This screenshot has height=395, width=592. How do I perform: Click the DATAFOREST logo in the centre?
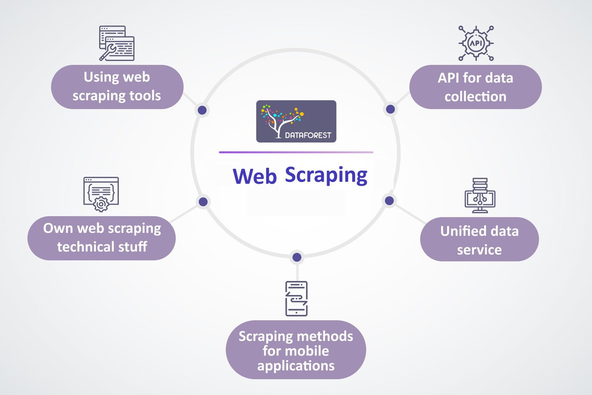(296, 121)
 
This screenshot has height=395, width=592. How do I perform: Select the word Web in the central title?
(255, 176)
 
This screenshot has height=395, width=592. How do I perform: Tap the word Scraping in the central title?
(326, 175)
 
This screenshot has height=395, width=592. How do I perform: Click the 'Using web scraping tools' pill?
(117, 87)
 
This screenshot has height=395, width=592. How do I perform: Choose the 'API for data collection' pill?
(475, 87)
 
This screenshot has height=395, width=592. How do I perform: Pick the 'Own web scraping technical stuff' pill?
(102, 238)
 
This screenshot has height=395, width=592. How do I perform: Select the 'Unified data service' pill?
(479, 240)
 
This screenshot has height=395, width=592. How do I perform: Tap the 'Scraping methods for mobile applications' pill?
(296, 350)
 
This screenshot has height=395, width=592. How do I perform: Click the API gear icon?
(476, 43)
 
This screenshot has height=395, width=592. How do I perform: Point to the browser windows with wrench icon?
(117, 43)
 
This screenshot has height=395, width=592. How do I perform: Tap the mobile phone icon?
(296, 298)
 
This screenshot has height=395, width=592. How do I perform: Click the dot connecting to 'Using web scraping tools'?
(202, 110)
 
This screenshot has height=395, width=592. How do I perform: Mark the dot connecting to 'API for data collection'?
(390, 109)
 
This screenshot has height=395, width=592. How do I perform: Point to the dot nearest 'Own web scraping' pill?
(203, 202)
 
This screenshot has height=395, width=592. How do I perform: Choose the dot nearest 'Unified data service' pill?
(389, 201)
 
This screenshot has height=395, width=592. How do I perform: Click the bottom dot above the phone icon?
(297, 257)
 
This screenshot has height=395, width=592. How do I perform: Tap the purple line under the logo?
(296, 152)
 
